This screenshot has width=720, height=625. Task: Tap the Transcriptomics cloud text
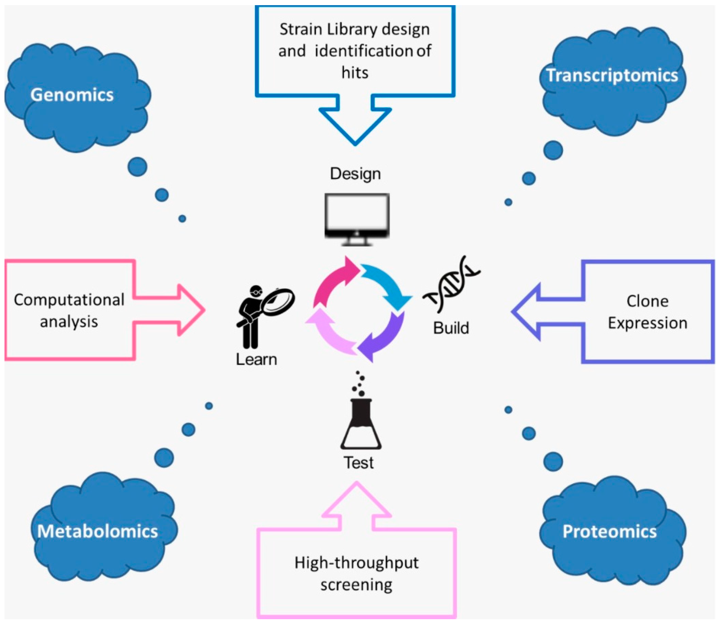coord(612,75)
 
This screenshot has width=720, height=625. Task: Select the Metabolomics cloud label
coord(98,531)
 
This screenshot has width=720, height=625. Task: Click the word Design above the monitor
coord(355,174)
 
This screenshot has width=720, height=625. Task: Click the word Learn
coord(256,359)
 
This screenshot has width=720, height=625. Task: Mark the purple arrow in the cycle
coord(384,338)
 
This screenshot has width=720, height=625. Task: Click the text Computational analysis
coord(69,310)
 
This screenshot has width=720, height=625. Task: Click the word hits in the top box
coord(355,73)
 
